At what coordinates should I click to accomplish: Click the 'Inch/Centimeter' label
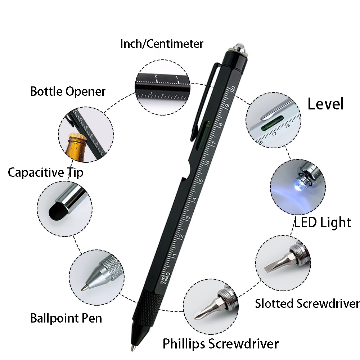coord(162,44)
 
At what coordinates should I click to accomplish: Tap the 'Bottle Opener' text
coord(68,91)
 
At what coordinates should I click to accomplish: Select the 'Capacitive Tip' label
coord(45,172)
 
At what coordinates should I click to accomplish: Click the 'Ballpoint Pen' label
coord(66,318)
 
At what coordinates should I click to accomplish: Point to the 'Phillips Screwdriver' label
coord(220,343)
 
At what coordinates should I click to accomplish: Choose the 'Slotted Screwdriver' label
coord(307,303)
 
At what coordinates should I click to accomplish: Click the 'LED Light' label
coord(322,222)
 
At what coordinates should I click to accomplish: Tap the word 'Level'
coord(325,104)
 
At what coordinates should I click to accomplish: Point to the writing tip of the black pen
coord(132,348)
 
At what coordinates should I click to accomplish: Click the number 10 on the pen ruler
coord(232,88)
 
